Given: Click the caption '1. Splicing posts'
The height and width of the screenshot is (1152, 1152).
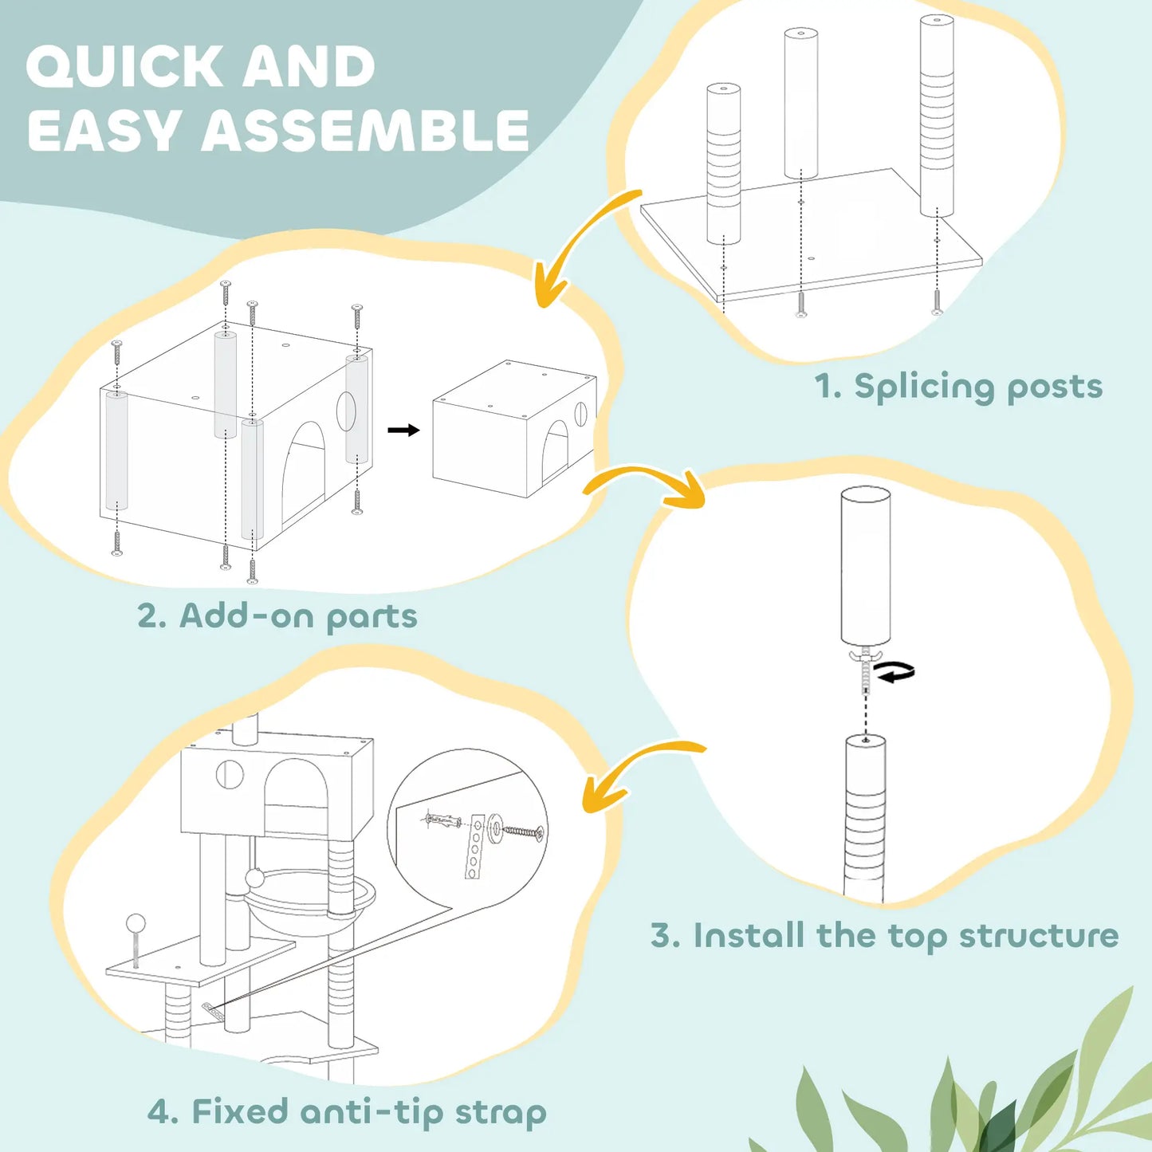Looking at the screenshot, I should pos(957,387).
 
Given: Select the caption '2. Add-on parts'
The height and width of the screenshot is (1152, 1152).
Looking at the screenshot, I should pos(277,616).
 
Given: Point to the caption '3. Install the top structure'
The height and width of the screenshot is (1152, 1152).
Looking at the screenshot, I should pos(884,936).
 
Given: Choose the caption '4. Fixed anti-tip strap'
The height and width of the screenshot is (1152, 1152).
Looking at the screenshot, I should pos(347,1112).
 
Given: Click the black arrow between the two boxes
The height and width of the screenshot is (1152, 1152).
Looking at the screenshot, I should pos(403,431).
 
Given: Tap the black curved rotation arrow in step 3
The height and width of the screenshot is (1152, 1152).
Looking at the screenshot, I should pos(896,673).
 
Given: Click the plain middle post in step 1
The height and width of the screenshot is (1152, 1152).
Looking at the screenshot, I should pos(800,104).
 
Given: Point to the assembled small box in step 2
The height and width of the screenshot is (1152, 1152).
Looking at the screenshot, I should pos(513,431).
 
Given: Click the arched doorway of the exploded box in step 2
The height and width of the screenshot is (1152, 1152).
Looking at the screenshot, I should pos(305,470).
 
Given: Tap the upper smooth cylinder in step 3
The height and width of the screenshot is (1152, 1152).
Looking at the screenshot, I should pos(865,566).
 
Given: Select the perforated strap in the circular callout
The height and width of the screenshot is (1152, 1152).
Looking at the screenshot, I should pos(475,847).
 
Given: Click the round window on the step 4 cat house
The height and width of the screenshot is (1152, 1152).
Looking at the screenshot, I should pos(230,774).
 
